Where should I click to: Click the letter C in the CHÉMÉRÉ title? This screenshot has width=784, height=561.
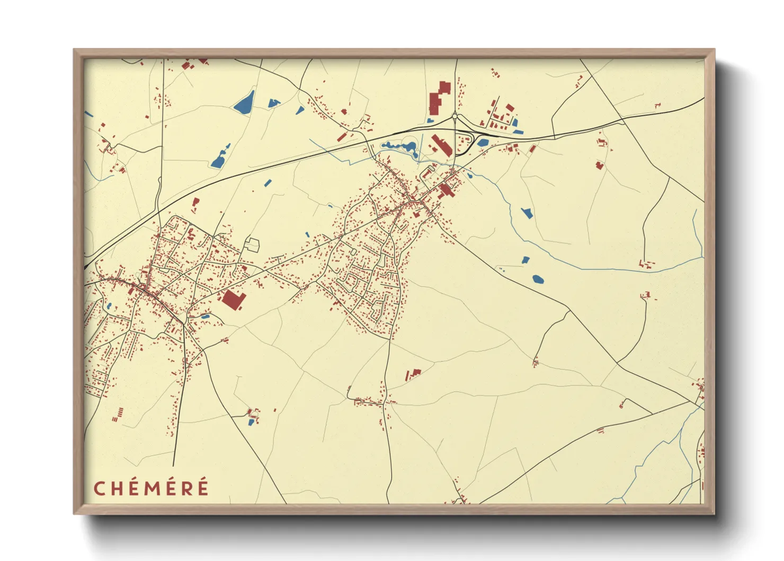(x=100, y=488)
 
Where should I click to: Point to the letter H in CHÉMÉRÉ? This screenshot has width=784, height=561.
(x=117, y=488)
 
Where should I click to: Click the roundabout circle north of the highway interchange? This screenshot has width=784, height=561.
(x=455, y=117)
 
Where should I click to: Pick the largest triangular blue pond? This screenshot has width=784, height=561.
(x=244, y=102)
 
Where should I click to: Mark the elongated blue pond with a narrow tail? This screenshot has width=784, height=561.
(x=220, y=157)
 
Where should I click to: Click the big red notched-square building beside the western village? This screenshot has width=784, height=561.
(x=232, y=300)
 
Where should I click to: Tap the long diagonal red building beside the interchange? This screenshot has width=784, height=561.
(x=441, y=145)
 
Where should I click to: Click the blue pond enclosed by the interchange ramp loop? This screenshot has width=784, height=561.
(x=482, y=142)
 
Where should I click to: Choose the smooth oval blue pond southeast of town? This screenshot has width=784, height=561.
(x=538, y=279)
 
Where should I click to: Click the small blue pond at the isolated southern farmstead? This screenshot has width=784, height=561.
(x=251, y=422)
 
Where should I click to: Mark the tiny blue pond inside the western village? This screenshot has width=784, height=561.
(x=109, y=306)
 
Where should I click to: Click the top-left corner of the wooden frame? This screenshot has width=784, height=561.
(x=75, y=50)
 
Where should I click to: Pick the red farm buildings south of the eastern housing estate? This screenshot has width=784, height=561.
(x=414, y=374)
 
